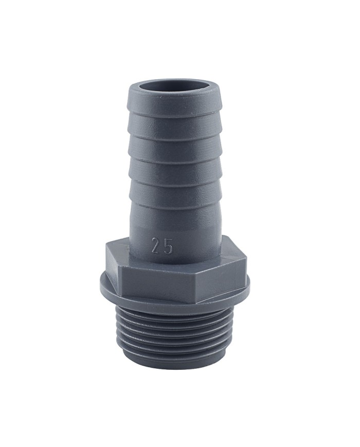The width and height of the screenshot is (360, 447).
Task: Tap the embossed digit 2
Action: pos(155,246)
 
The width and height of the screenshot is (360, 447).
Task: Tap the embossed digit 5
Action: pos(168,247)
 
